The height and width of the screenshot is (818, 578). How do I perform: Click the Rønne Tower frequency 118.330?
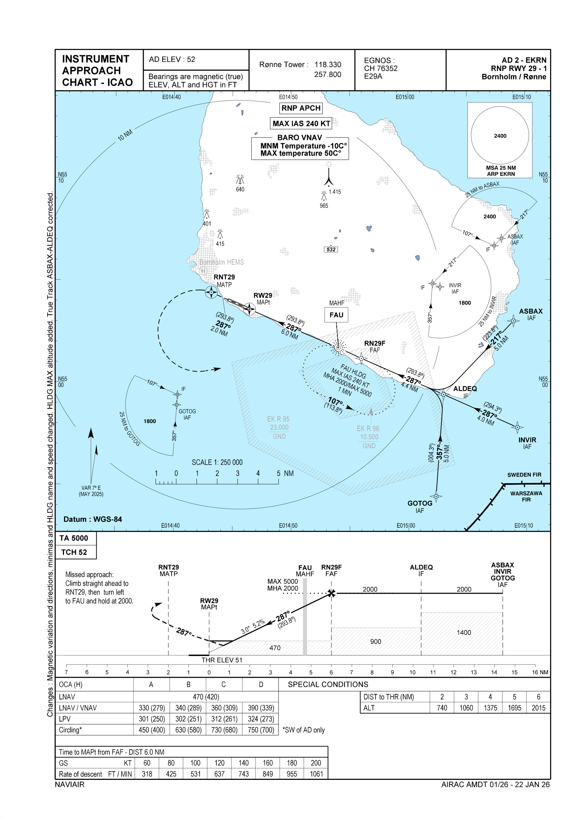[328, 64]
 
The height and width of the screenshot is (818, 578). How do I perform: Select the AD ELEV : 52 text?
[172, 59]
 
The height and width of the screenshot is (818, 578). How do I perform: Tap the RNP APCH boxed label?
[301, 108]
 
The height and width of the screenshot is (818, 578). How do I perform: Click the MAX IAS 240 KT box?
[301, 124]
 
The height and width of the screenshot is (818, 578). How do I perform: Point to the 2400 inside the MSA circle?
[500, 136]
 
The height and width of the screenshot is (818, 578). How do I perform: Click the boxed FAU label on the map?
[336, 315]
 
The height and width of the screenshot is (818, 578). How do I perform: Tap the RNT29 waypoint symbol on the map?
[211, 292]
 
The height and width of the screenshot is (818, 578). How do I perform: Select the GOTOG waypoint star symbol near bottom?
[436, 496]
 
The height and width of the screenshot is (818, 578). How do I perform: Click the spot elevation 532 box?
[331, 249]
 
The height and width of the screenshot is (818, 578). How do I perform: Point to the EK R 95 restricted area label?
[278, 419]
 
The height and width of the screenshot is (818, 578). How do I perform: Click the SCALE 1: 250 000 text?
[217, 462]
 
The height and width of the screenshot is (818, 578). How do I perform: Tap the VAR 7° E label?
[91, 488]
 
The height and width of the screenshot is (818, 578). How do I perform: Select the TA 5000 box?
[74, 538]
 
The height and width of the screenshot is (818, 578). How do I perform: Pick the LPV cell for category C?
[224, 719]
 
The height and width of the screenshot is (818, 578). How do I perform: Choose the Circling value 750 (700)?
[261, 729]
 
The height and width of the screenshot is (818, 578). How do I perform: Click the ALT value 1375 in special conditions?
[490, 707]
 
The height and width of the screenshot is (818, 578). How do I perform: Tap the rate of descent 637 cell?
[219, 774]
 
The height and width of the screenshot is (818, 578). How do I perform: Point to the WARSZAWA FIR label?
[526, 496]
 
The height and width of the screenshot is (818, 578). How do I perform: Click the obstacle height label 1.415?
[335, 192]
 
